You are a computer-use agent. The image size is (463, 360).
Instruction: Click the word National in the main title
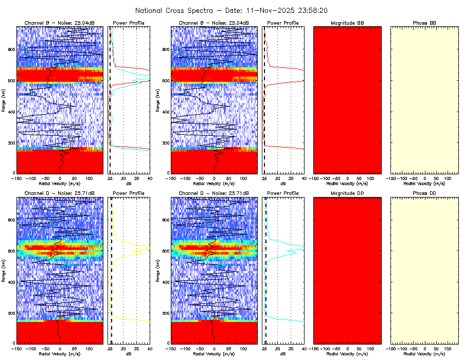coord(151,10)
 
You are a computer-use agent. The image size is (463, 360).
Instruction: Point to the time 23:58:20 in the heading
coord(310,10)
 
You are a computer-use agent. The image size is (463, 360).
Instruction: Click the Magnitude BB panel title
coord(347,23)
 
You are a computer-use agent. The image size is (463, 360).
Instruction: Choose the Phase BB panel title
coord(424,23)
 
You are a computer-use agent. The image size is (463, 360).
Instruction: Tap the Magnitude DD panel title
coord(347,193)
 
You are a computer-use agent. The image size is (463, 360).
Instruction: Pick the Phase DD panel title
coord(424,193)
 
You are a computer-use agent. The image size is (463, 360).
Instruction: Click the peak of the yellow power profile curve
coord(149,248)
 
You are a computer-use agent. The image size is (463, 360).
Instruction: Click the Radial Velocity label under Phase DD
coord(424,354)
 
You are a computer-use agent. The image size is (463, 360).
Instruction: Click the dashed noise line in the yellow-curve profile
coord(112,288)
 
